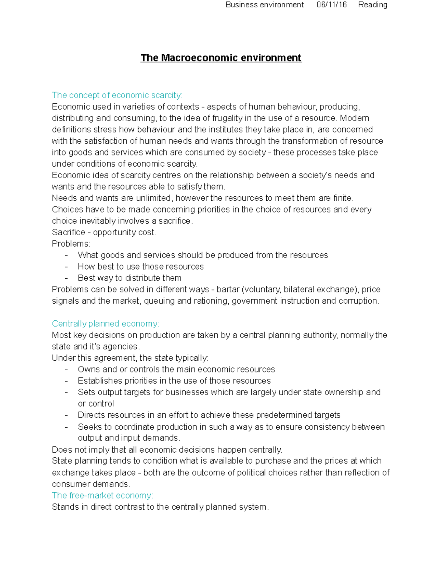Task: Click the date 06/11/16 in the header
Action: [x=331, y=5]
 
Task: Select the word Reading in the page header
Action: [x=372, y=5]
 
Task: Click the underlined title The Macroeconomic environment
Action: [x=221, y=58]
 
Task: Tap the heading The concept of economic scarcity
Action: [x=117, y=95]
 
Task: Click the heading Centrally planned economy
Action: [x=105, y=324]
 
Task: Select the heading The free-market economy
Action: [x=102, y=495]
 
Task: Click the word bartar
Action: [x=228, y=289]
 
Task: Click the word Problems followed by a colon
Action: [x=71, y=244]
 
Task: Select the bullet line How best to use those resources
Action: [x=141, y=267]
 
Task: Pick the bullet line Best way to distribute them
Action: [x=130, y=278]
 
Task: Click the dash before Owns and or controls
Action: [x=66, y=370]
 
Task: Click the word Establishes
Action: [x=99, y=381]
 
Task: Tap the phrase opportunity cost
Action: [x=124, y=232]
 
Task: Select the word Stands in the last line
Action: [x=65, y=507]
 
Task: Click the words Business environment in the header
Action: [x=264, y=5]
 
